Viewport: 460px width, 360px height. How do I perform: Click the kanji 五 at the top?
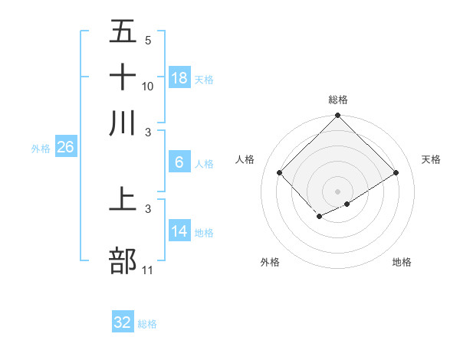point(123,32)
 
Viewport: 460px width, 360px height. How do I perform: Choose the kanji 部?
point(123,261)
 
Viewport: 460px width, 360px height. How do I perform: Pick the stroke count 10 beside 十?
point(148,86)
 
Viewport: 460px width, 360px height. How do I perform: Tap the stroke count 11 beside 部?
point(148,270)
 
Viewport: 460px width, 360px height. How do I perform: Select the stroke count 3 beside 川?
point(148,131)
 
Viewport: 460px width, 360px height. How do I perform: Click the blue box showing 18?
point(179,77)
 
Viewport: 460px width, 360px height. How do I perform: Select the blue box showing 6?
point(179,162)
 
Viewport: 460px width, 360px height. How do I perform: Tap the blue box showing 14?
point(179,231)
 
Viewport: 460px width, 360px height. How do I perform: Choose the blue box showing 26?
point(65,148)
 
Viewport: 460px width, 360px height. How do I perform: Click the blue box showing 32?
point(123,322)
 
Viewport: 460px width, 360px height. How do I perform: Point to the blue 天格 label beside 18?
point(204,80)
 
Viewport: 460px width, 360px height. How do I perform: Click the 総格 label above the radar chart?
point(338,100)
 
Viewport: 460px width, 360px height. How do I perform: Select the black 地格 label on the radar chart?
point(402,262)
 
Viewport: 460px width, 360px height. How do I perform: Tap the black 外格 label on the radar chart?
point(270,262)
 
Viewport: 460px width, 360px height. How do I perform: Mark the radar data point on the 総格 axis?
point(337,116)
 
